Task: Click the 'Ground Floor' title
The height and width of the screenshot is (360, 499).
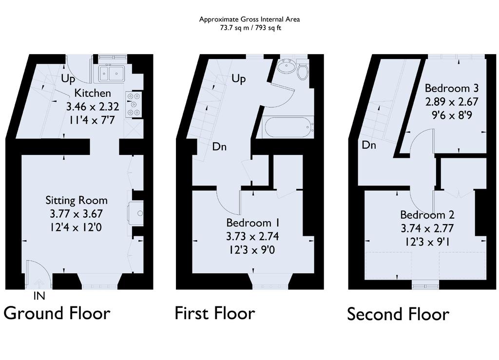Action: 57,313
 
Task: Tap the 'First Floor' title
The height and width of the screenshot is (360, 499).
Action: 215,313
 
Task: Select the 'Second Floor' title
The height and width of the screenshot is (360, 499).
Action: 398,314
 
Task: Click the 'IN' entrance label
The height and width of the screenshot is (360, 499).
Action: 39,296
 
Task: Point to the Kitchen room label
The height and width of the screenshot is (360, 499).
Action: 93,93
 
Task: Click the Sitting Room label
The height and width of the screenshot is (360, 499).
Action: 77,200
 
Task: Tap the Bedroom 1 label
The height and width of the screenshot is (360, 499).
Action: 253,223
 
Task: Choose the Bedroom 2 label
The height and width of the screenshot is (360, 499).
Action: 427,215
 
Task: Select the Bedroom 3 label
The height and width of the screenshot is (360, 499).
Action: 452,88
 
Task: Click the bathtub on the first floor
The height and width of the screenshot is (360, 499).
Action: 288,128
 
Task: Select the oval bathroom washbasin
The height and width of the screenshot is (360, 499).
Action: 286,67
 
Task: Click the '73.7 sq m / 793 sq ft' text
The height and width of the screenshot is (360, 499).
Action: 250,28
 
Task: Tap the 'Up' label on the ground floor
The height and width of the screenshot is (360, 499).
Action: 68,78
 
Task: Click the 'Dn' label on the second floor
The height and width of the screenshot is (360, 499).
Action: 369,145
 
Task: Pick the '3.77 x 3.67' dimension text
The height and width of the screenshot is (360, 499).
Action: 77,214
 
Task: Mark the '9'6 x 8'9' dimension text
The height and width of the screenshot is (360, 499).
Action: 452,115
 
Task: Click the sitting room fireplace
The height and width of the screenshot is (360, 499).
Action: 135,213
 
